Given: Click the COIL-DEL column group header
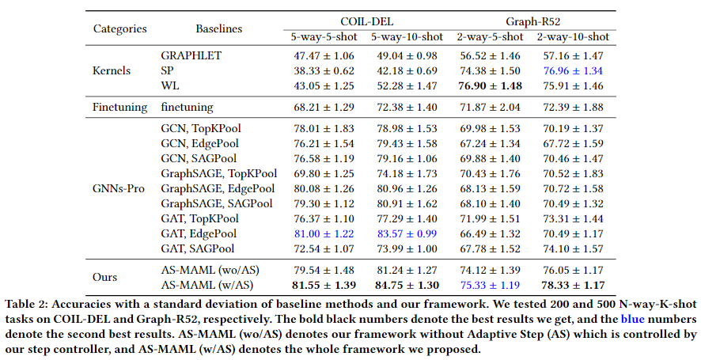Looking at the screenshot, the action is (x=366, y=21).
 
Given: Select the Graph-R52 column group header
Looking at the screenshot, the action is (x=533, y=21).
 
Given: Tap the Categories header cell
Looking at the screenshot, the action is (x=119, y=28).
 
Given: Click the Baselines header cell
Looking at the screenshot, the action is (x=218, y=28).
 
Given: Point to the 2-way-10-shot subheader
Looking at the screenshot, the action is (x=573, y=36).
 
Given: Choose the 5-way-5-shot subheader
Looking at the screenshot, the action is (x=324, y=36).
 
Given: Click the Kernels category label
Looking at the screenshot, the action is (x=112, y=70).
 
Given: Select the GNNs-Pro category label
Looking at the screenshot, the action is (x=119, y=189).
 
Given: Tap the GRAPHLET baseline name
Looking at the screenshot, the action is (x=191, y=56).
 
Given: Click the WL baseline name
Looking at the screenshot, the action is (x=170, y=85).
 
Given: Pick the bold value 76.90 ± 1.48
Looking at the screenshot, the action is (x=490, y=86).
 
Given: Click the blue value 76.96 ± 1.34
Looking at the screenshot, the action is (x=573, y=70).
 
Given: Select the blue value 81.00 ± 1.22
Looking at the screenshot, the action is (x=324, y=233).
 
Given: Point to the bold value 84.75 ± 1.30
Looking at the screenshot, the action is (x=407, y=285).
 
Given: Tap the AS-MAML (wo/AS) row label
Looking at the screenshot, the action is (x=210, y=270).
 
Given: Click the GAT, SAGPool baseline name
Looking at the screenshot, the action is (x=198, y=248).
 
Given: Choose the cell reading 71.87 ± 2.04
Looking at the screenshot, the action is (x=490, y=108).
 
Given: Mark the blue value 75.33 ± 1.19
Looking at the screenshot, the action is (x=490, y=285).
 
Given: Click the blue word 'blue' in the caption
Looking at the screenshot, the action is (x=633, y=320).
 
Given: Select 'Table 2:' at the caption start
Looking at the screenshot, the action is (x=25, y=305).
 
